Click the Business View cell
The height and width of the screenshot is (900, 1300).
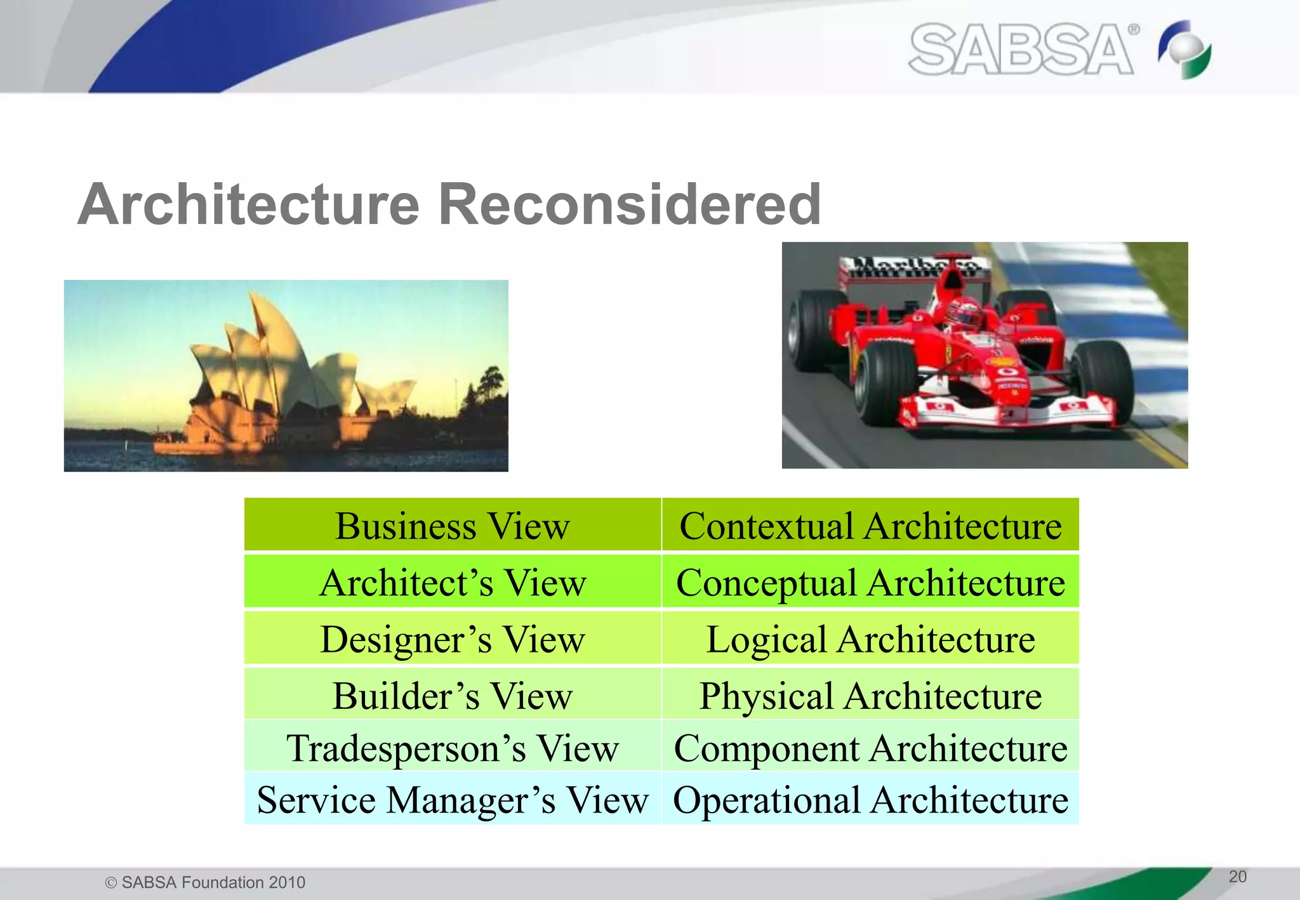452,526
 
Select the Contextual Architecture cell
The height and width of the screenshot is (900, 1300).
870,526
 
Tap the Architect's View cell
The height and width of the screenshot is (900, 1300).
452,582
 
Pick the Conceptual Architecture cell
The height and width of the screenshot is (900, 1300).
870,582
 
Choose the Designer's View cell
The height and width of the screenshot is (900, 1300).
452,639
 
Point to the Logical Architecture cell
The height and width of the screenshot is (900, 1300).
870,639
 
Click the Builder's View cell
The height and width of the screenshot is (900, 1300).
452,695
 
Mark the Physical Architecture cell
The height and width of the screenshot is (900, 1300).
870,695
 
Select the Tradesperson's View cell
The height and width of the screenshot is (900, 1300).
452,747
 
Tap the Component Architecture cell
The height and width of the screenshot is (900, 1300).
870,747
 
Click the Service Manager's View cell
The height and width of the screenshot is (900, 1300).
452,799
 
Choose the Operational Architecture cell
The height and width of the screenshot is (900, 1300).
870,799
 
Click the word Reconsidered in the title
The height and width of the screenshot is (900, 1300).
630,204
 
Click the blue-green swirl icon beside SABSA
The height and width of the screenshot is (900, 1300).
1185,50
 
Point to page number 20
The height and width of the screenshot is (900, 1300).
1237,877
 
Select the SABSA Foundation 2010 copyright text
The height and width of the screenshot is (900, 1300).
205,882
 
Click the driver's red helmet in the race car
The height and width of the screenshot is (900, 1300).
963,313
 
